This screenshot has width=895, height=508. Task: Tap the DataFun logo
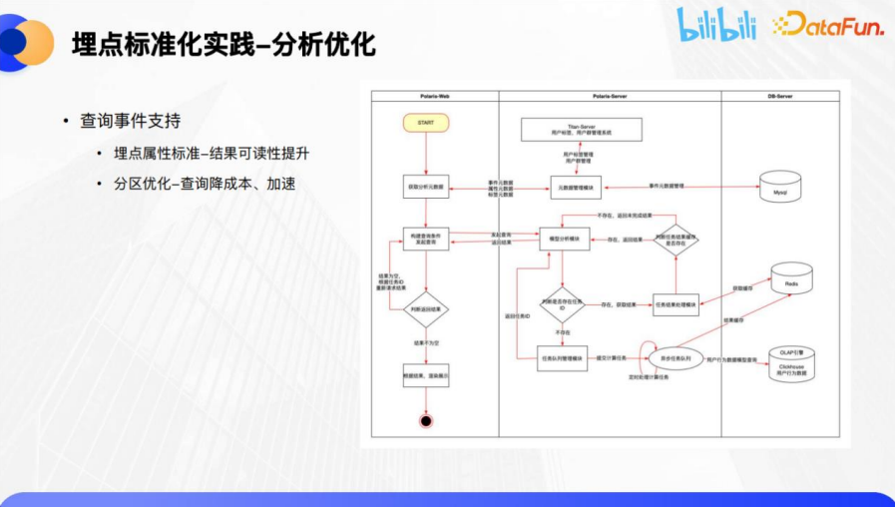[x=827, y=24]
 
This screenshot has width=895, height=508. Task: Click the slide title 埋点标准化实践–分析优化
[x=224, y=45]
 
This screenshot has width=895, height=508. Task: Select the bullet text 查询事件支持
[x=131, y=121]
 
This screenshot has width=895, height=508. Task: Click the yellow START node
[x=426, y=123]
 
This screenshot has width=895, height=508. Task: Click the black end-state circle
[x=426, y=420]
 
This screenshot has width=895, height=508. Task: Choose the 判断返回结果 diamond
[x=426, y=310]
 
